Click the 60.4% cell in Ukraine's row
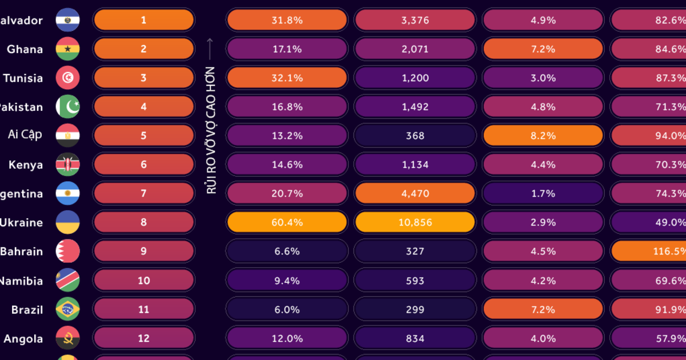tap(286, 222)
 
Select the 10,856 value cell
tap(414, 222)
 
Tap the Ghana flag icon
tap(67, 49)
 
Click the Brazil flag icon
tap(67, 309)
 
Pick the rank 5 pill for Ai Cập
tap(143, 135)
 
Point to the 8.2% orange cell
tap(543, 135)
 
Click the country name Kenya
tap(26, 165)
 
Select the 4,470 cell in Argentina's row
tap(414, 194)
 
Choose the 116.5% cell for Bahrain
tap(649, 251)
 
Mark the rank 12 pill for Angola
tap(143, 338)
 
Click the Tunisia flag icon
tap(67, 78)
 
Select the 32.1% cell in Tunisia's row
tap(286, 78)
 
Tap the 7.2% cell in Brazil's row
tap(543, 309)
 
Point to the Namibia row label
tap(21, 281)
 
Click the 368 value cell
tap(414, 135)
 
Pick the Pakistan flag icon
tap(67, 107)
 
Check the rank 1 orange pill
tap(143, 20)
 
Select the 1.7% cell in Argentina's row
tap(543, 194)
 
